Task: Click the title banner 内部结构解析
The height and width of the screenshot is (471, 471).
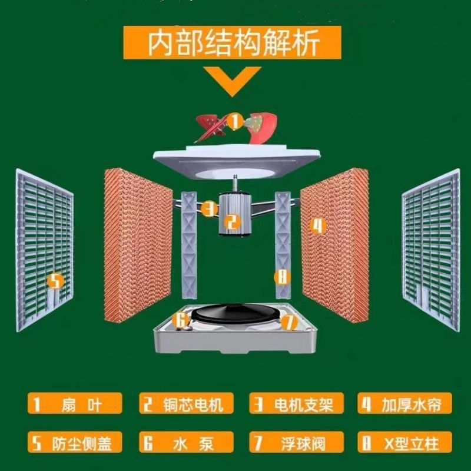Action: (235, 42)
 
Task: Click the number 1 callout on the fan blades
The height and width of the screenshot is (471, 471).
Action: (234, 122)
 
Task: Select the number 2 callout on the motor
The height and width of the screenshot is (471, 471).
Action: (233, 221)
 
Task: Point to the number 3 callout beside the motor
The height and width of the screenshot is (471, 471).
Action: (208, 208)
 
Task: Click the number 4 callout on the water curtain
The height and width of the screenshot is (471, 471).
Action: (318, 225)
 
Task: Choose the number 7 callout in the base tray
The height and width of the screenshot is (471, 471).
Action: (287, 322)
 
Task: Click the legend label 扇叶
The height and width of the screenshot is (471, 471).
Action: (75, 404)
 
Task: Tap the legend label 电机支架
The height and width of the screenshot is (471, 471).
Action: (294, 404)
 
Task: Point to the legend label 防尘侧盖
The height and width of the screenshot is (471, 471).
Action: (75, 442)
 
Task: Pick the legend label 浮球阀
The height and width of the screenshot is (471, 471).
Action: (294, 442)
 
